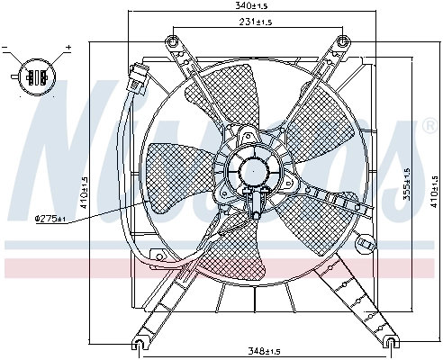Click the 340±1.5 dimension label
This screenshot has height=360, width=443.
251,5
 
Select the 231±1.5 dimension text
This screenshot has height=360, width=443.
256,22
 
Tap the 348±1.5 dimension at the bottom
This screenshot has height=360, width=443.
264,351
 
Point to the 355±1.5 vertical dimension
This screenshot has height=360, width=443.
407,184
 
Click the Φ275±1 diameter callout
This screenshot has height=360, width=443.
50,219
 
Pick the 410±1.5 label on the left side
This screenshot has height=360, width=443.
85,193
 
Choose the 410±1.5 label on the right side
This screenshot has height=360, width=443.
434,191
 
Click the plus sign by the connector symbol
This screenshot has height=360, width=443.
69,47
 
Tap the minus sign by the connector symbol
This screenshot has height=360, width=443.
5,48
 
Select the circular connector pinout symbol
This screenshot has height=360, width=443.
37,76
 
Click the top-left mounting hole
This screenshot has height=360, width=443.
172,41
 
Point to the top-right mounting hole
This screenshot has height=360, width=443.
343,41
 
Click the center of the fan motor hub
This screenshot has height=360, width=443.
254,171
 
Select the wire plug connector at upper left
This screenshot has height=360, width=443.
138,77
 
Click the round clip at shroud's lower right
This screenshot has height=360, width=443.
365,244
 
